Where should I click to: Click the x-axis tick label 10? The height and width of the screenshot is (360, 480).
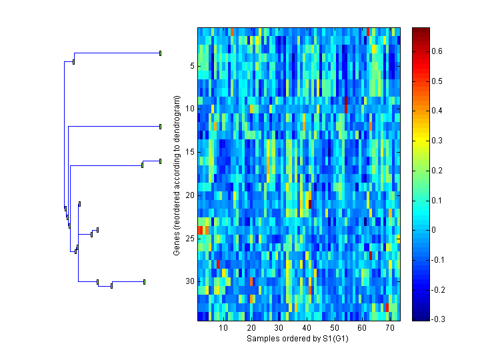click(x=223, y=328)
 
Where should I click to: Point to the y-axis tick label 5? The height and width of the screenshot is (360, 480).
click(x=191, y=66)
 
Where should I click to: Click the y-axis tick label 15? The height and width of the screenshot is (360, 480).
click(x=189, y=152)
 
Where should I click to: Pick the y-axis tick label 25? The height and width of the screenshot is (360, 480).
click(x=189, y=238)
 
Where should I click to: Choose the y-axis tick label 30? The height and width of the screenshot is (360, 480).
click(x=189, y=281)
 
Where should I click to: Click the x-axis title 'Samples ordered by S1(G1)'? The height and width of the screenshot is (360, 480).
click(x=298, y=339)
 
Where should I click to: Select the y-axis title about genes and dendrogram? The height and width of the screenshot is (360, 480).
click(x=177, y=175)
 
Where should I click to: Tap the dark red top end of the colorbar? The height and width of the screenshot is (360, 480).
click(x=420, y=30)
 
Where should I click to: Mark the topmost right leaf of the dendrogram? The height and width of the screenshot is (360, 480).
click(x=160, y=53)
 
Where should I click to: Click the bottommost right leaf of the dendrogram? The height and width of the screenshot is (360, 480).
click(x=144, y=282)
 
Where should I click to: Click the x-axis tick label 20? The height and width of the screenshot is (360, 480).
click(x=251, y=328)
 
